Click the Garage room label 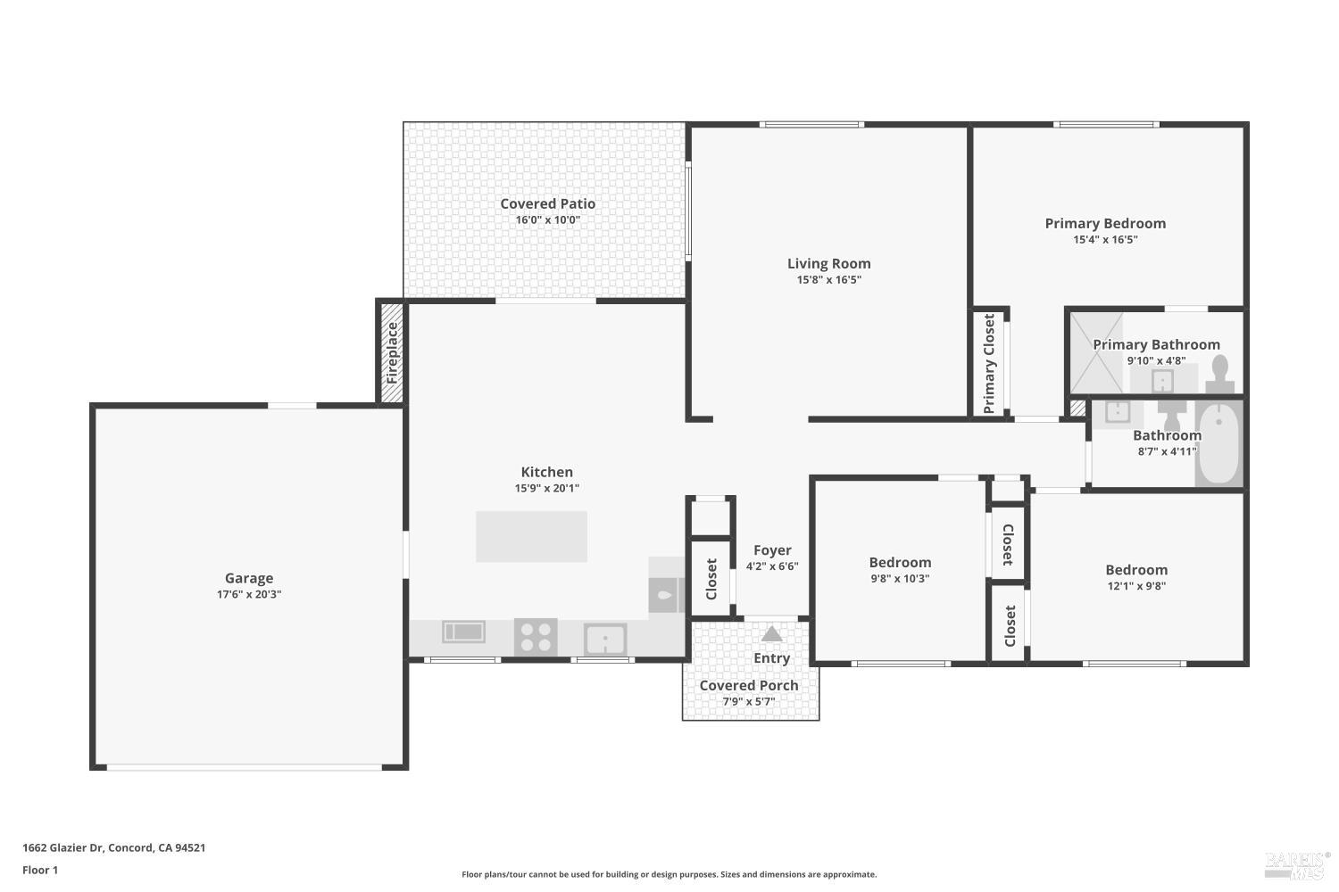coord(248,578)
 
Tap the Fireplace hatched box coord(392,353)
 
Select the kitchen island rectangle coord(531,536)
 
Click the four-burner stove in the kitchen coord(536,638)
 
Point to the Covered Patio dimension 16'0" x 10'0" coord(547,220)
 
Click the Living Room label coord(828,263)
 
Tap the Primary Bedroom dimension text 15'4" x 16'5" coord(1105,239)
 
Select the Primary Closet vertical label coord(989,363)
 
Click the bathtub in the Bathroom coord(1218,444)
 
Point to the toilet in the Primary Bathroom coord(1219,375)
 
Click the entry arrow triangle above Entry coord(772,634)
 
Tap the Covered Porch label coord(748,685)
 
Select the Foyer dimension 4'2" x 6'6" coord(772,566)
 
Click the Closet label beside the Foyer coord(711,579)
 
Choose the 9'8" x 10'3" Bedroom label coord(900,562)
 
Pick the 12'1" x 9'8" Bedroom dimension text coord(1135,586)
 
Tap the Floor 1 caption coord(40,870)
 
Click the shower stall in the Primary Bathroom coord(1097,352)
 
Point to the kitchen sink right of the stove coord(605,640)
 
